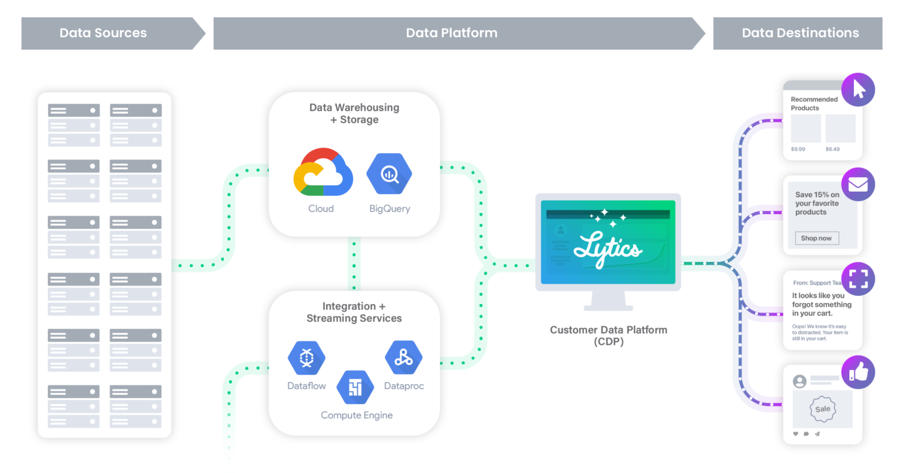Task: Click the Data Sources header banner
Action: pyautogui.click(x=104, y=33)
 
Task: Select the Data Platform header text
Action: pyautogui.click(x=451, y=33)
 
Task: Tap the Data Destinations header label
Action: pyautogui.click(x=800, y=33)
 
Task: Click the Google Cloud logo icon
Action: pyautogui.click(x=323, y=172)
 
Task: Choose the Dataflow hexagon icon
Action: pyautogui.click(x=307, y=358)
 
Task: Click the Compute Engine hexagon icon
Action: pyautogui.click(x=355, y=387)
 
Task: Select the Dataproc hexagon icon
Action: pyautogui.click(x=403, y=357)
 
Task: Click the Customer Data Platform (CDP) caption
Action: pyautogui.click(x=609, y=335)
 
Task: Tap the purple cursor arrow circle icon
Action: pyautogui.click(x=858, y=90)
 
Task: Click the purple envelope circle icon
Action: pyautogui.click(x=858, y=185)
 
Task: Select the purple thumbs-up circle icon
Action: pyautogui.click(x=858, y=372)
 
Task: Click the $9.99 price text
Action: pyautogui.click(x=798, y=149)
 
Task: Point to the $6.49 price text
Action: pyautogui.click(x=832, y=149)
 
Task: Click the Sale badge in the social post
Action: pyautogui.click(x=823, y=409)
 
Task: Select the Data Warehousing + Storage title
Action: pyautogui.click(x=354, y=114)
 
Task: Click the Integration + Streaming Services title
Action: pyautogui.click(x=354, y=312)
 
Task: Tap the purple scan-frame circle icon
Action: pyautogui.click(x=858, y=279)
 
